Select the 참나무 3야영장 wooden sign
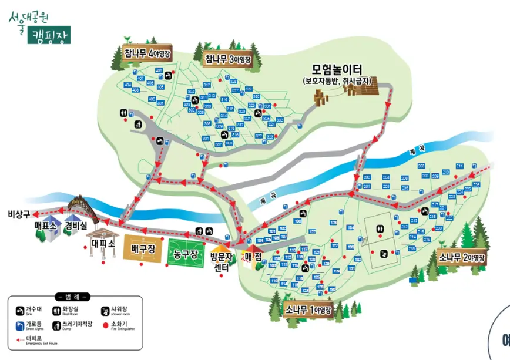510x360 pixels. [x=228, y=59]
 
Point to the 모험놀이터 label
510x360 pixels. [x=337, y=69]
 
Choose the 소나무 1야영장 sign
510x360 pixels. [x=308, y=309]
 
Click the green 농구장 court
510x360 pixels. [x=186, y=253]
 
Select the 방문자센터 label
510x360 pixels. [x=221, y=263]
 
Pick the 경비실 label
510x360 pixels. [x=76, y=226]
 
